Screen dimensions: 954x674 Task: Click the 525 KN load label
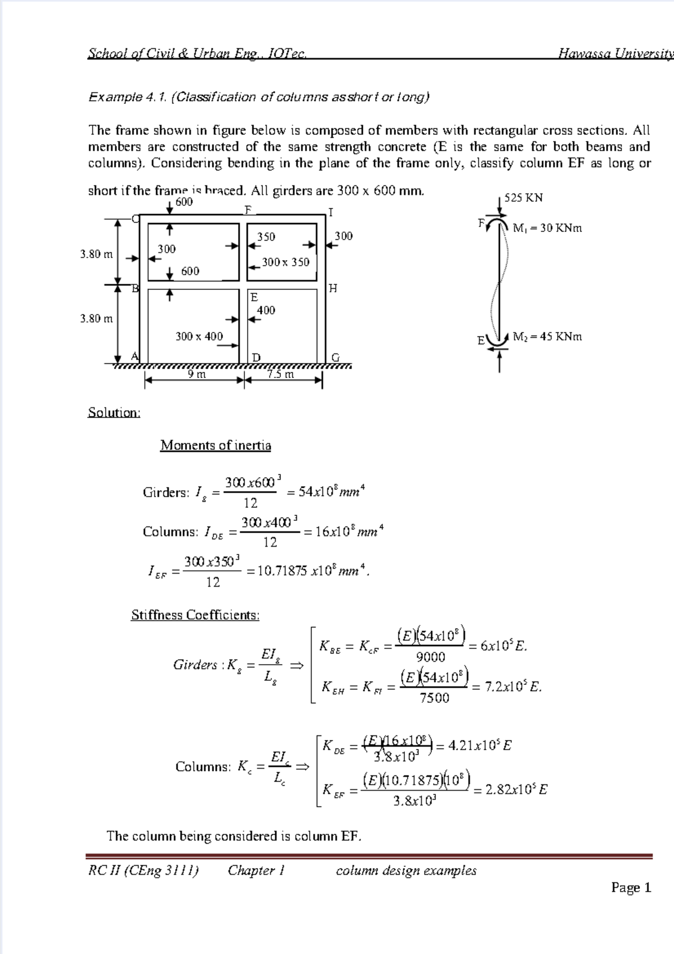(x=523, y=198)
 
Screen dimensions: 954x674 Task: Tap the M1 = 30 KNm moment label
(x=547, y=228)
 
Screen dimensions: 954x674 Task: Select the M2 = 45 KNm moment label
(x=547, y=337)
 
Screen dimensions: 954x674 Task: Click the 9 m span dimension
(x=197, y=374)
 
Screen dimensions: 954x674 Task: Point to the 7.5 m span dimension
(x=280, y=374)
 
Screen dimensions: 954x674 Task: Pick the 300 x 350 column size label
(x=285, y=262)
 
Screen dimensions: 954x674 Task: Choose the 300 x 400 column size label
(x=199, y=337)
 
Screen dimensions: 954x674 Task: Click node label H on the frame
(x=333, y=289)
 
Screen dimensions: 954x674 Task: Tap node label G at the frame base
(x=335, y=357)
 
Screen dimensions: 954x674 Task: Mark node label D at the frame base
(x=256, y=358)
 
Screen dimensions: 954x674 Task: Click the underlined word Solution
(x=114, y=413)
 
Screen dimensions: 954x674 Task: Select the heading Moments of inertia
(x=216, y=446)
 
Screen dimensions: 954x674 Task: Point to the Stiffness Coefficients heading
(x=195, y=615)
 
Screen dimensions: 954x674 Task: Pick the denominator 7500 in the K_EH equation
(x=435, y=698)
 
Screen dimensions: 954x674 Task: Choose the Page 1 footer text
(x=631, y=888)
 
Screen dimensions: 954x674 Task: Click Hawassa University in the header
(x=615, y=54)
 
